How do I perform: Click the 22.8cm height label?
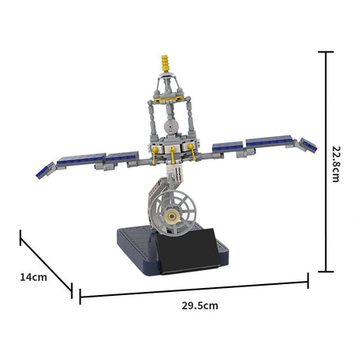336,164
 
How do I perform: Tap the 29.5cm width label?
200,305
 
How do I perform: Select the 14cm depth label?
34,277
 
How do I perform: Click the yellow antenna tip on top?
165,63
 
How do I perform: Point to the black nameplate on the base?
189,251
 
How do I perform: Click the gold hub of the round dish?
172,216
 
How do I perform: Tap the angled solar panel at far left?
45,170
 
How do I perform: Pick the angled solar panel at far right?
308,145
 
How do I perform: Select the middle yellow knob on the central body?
172,149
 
